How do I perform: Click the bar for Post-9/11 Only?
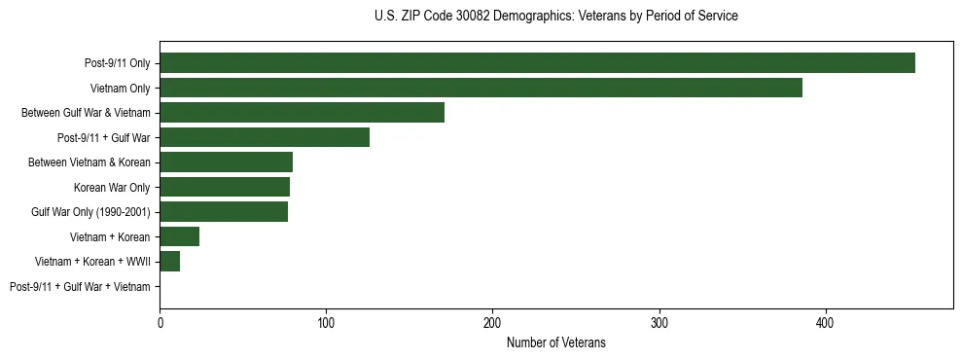coord(537,63)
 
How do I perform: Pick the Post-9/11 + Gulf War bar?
coord(265,137)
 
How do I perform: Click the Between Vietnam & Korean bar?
coord(226,162)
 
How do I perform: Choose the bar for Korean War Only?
coord(225,187)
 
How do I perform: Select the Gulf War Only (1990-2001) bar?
coord(224,212)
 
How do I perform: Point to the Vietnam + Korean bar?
coord(179,236)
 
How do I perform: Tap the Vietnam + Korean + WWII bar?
coord(169,262)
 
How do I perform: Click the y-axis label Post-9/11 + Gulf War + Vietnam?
coord(80,287)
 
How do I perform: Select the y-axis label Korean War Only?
coord(112,187)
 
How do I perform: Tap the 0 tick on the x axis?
coord(160,322)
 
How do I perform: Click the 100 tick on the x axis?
coord(326,322)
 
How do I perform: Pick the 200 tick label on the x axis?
coord(492,322)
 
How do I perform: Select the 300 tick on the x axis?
coord(659,322)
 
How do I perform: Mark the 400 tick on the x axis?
coord(825,322)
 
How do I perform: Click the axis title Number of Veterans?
coord(555,342)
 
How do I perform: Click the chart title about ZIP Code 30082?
coord(555,16)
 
